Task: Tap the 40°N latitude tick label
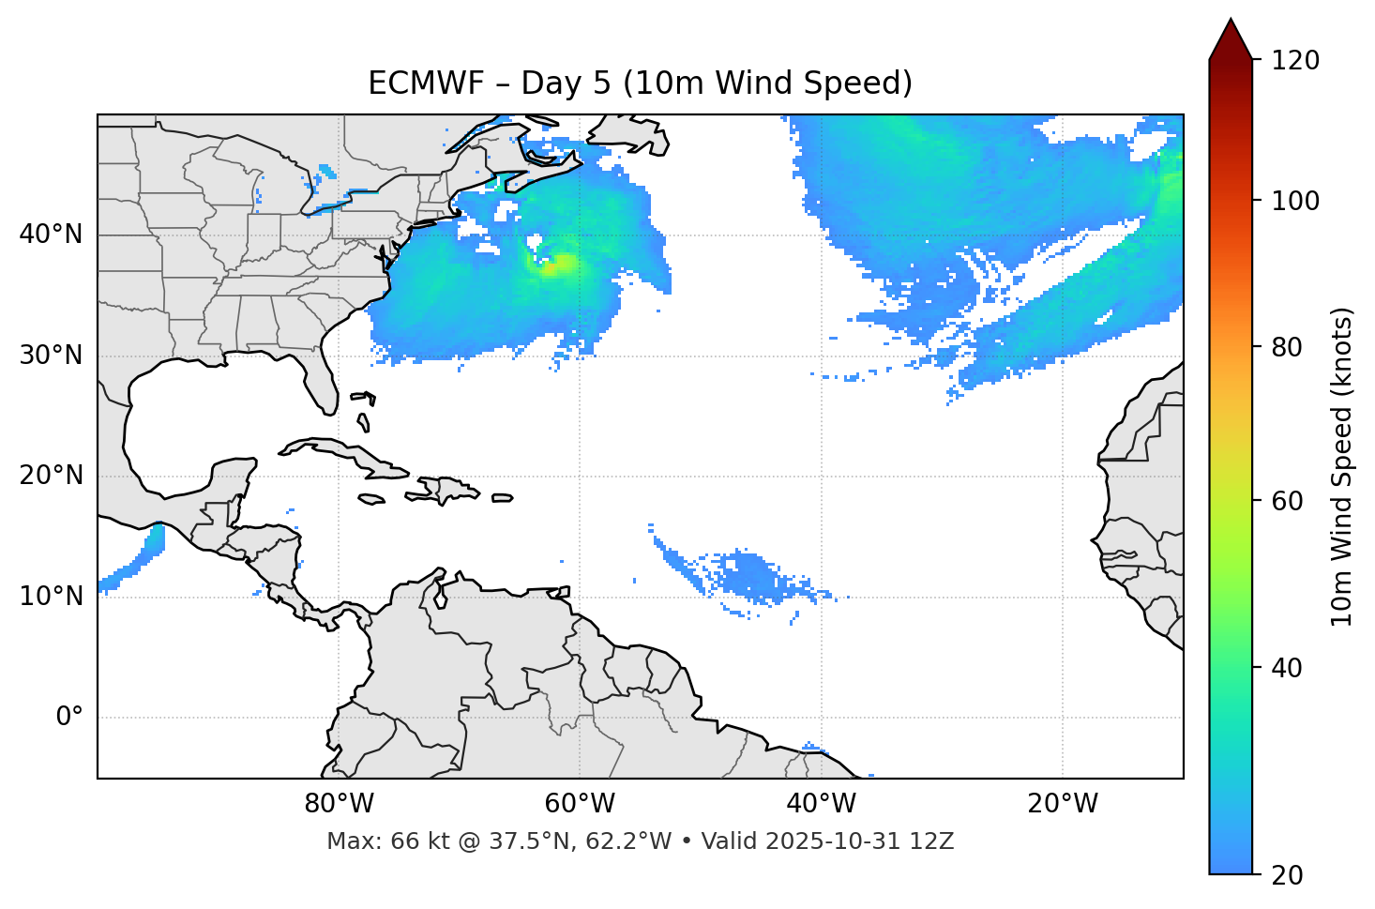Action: pyautogui.click(x=51, y=235)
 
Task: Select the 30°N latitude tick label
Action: pyautogui.click(x=51, y=356)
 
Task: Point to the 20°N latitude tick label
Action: pyautogui.click(x=51, y=476)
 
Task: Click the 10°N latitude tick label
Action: pyautogui.click(x=51, y=597)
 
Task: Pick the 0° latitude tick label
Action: pyautogui.click(x=69, y=718)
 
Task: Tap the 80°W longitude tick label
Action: pyautogui.click(x=339, y=804)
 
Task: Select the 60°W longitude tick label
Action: pyautogui.click(x=580, y=804)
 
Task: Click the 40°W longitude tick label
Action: pyautogui.click(x=821, y=804)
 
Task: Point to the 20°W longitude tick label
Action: pyautogui.click(x=1062, y=804)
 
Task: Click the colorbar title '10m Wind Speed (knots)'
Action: pyautogui.click(x=1342, y=466)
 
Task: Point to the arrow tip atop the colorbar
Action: pyautogui.click(x=1231, y=21)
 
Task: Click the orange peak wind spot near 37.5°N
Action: pyautogui.click(x=560, y=265)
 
